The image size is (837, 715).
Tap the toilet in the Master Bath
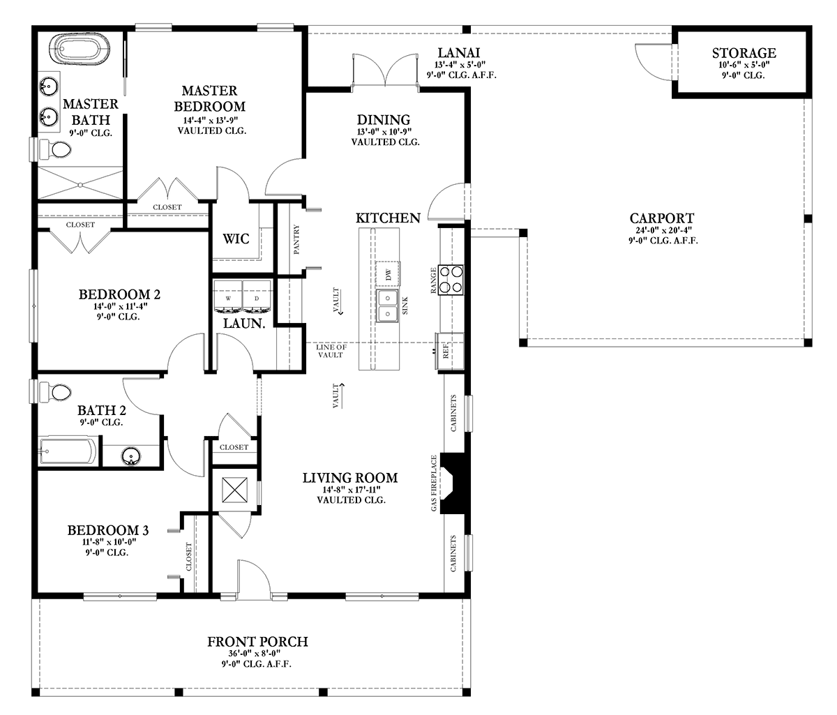(x=56, y=149)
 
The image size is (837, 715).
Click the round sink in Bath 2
(x=130, y=456)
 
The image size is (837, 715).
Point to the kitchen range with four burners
(x=452, y=278)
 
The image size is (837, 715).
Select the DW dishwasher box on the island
(x=389, y=274)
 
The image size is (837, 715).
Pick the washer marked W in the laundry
(x=228, y=296)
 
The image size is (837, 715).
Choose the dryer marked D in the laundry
(x=256, y=296)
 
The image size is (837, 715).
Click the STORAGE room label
(x=744, y=53)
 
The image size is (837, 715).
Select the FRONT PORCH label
(x=257, y=641)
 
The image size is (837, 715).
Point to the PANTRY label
(x=297, y=239)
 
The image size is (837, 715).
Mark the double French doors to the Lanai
(x=385, y=73)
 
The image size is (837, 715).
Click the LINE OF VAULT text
(x=330, y=351)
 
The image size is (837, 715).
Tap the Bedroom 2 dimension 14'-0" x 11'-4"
(x=114, y=306)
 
